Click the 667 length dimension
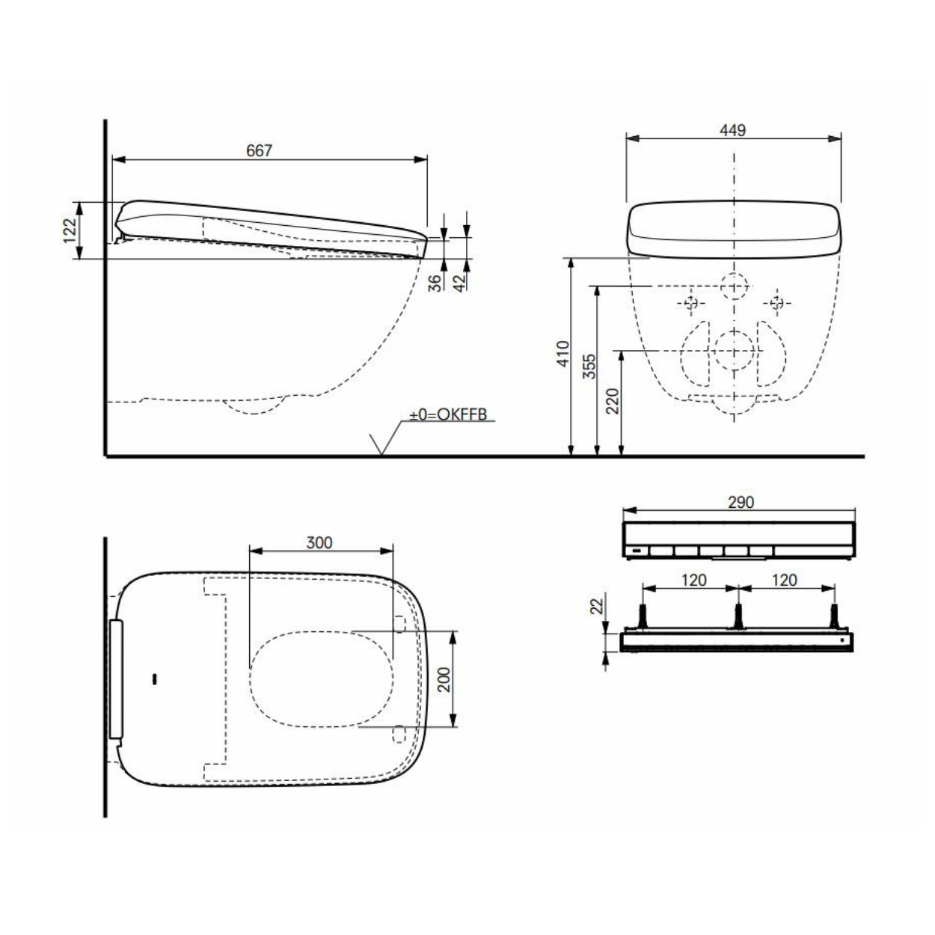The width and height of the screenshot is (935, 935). (259, 150)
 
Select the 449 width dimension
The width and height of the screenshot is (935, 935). (732, 130)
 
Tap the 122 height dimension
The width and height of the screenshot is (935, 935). (70, 230)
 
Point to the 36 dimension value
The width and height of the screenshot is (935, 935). (436, 283)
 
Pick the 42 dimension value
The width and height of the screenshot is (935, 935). (459, 283)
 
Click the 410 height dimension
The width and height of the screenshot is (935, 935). (562, 354)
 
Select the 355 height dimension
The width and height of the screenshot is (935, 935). (589, 367)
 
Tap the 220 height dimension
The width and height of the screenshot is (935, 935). (613, 401)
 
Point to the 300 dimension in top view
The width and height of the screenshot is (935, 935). (319, 542)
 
